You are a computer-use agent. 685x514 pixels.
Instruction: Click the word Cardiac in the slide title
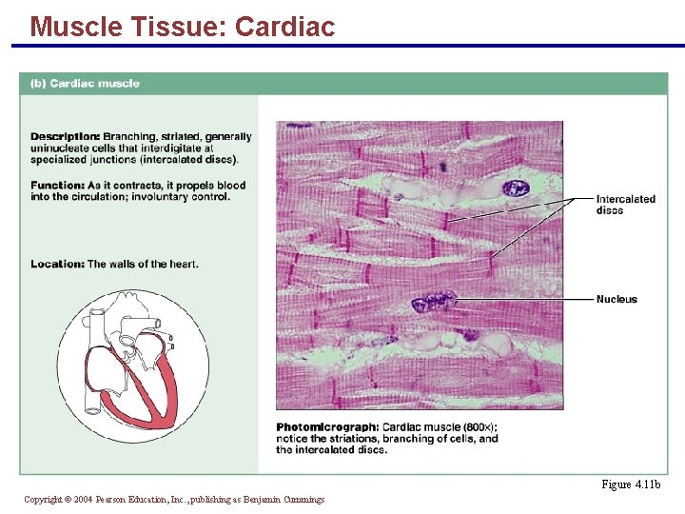284,27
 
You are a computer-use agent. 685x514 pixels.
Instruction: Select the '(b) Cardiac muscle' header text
85,83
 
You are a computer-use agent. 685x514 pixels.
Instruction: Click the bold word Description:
65,136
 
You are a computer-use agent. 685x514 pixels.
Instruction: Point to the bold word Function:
57,186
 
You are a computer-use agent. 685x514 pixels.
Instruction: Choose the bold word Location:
57,264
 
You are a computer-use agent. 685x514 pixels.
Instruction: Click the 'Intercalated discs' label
625,204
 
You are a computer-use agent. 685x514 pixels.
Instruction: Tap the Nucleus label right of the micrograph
616,299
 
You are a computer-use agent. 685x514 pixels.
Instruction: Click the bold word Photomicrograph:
327,427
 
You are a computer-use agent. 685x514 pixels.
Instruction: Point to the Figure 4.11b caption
631,484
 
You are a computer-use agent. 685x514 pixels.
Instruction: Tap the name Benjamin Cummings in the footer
284,499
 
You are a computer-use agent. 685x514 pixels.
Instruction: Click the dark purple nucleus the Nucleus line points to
433,303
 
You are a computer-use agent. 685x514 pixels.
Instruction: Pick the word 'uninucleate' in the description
63,148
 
